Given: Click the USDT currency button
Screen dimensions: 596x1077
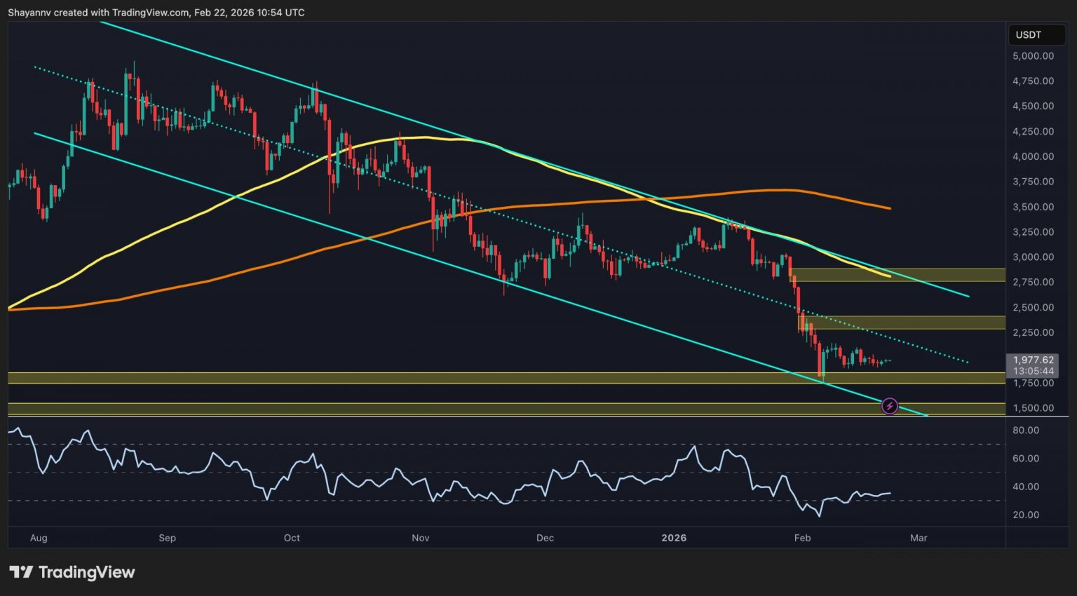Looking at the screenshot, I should click(x=1029, y=34).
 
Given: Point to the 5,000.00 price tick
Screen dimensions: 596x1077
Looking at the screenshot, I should click(x=1033, y=56).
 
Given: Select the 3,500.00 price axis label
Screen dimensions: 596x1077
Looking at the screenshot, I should click(x=1033, y=207).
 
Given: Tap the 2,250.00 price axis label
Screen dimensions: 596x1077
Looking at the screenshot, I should click(x=1033, y=332).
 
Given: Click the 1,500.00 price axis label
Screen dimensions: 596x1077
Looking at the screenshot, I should click(x=1033, y=408).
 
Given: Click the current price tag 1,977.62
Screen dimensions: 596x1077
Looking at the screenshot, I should click(x=1033, y=360).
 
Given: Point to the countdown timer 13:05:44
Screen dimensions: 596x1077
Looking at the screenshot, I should click(x=1033, y=371).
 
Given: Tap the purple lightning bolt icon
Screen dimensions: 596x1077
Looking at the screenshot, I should click(x=889, y=406).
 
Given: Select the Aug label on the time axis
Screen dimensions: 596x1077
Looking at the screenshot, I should click(x=39, y=538).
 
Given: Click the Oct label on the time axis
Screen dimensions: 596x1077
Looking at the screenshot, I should click(x=292, y=538).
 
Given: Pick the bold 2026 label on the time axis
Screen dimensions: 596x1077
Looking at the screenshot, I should click(x=674, y=538).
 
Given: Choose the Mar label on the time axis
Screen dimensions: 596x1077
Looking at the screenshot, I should click(x=919, y=538).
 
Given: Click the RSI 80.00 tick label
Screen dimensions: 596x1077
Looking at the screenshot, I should click(x=1026, y=430).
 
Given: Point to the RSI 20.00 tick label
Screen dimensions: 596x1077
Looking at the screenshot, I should click(x=1026, y=515).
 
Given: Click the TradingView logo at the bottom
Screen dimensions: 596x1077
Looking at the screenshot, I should click(x=72, y=572).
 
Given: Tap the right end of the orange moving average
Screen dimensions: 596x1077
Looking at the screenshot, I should click(x=890, y=208).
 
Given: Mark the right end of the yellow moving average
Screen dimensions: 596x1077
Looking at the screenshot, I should click(x=890, y=276).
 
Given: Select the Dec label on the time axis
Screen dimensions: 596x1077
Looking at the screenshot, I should click(x=545, y=538).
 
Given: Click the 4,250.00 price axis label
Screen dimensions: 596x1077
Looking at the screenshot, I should click(x=1033, y=131).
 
